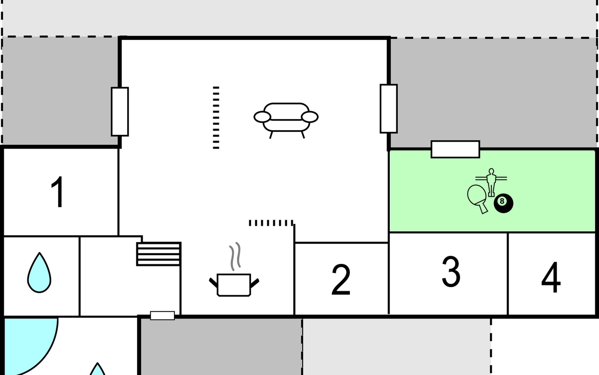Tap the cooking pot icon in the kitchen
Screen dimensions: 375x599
point(234,285)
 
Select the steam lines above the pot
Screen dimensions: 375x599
point(235,256)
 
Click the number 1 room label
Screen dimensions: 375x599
point(58,192)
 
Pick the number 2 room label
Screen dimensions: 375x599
point(341,280)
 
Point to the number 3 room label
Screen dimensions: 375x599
point(451,272)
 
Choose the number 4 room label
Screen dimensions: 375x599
point(551,277)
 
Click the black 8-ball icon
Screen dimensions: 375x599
point(503,203)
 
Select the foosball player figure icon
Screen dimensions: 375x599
point(491,182)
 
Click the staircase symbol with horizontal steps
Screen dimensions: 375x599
point(159,254)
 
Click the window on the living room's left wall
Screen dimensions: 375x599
point(120,112)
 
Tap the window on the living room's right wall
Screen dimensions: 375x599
point(388,108)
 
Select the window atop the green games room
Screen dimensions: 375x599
point(455,149)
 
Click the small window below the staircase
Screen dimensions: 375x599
point(162,316)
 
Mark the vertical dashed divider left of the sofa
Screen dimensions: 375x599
point(216,117)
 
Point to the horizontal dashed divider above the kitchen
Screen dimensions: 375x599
point(271,223)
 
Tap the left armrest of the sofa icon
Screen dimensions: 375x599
point(262,117)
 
